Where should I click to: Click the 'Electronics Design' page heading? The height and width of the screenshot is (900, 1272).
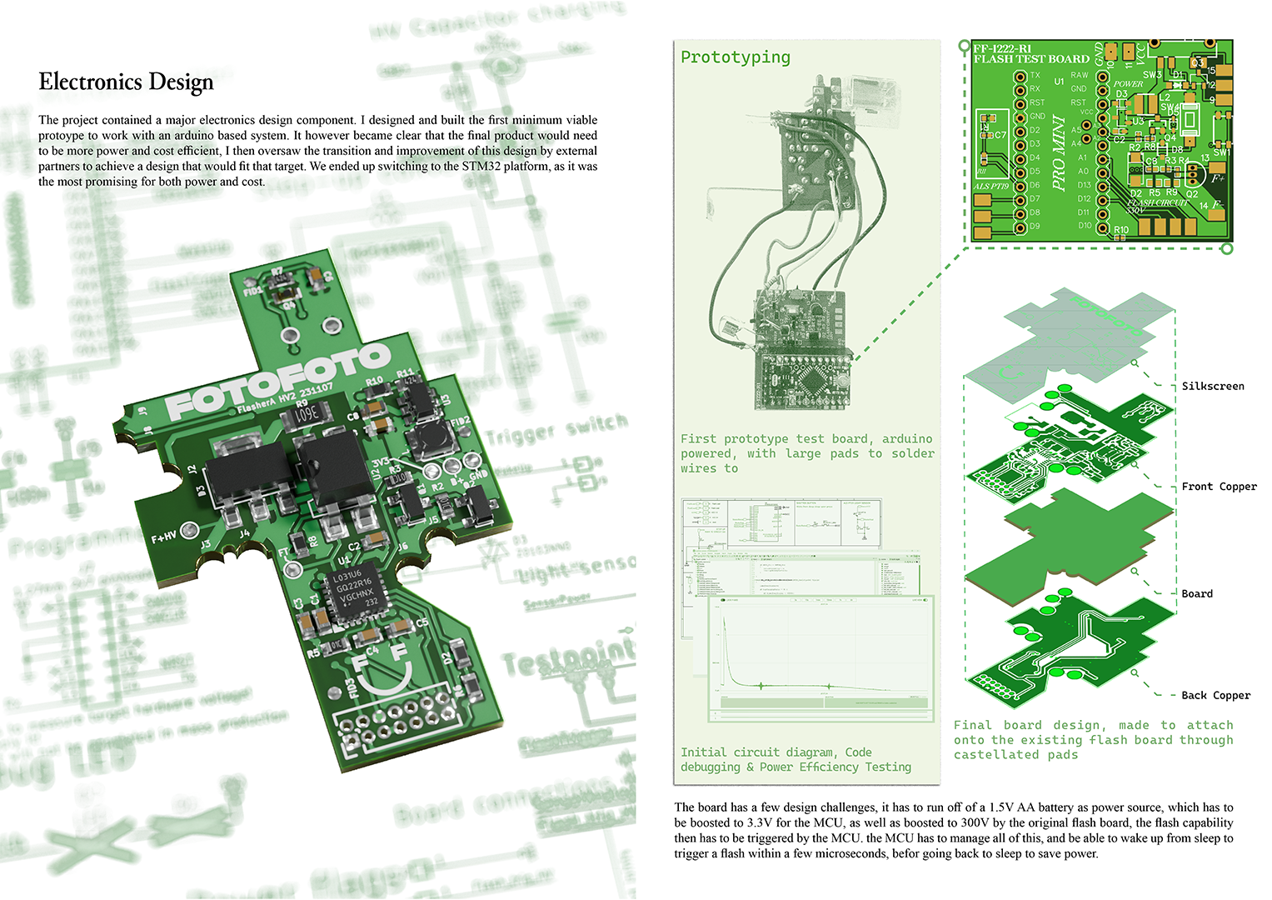126,82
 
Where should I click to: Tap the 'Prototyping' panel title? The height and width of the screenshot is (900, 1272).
735,57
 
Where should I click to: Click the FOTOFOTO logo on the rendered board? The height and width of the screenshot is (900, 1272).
278,382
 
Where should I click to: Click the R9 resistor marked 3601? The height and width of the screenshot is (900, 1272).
305,412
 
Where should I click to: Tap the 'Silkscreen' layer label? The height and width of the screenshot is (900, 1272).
1212,386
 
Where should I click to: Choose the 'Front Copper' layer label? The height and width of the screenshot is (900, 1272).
1219,487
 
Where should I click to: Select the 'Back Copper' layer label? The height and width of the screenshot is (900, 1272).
1215,695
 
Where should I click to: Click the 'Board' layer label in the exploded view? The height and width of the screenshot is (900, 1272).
1196,593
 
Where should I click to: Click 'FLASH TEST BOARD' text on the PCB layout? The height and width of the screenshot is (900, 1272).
1031,59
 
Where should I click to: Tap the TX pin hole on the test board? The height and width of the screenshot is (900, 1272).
1020,76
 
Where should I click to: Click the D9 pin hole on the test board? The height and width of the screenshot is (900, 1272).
1020,226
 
